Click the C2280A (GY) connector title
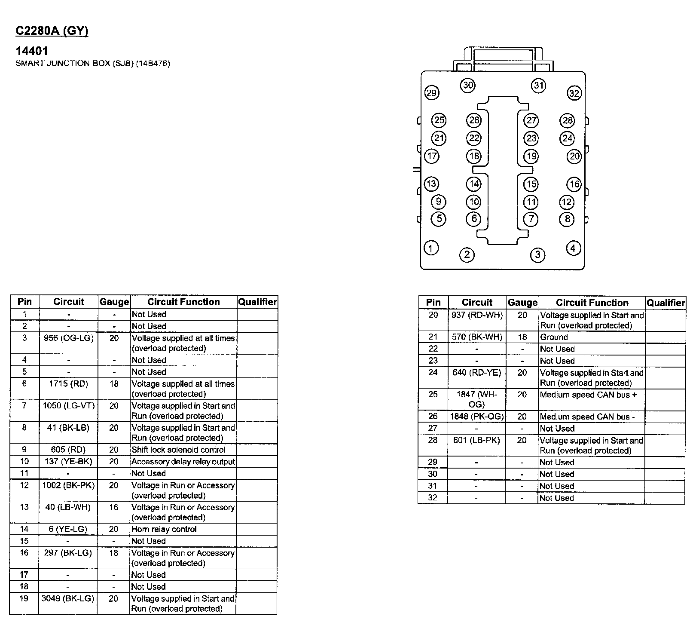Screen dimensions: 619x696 [x=52, y=31]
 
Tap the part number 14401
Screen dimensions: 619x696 [x=32, y=51]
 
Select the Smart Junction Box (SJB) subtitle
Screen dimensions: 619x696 [x=93, y=64]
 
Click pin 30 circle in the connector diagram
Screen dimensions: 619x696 [x=468, y=85]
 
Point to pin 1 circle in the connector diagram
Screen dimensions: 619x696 [x=431, y=248]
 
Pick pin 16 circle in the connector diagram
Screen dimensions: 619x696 [x=574, y=184]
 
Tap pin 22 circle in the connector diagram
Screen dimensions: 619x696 [x=474, y=138]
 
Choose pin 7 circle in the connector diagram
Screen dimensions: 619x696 [x=531, y=219]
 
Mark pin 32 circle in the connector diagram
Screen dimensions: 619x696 [x=574, y=93]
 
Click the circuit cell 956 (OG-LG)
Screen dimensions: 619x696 [x=69, y=338]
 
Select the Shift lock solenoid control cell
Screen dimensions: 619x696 [x=178, y=450]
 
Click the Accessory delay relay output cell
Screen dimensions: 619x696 [x=183, y=462]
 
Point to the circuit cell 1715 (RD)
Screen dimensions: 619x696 [x=69, y=384]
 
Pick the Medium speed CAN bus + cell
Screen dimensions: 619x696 [x=588, y=395]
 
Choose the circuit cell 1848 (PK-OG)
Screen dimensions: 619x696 [x=477, y=417]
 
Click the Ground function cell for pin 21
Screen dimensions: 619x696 [x=554, y=337]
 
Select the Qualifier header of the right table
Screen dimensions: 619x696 [x=665, y=303]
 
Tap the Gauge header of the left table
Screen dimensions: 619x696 [x=114, y=302]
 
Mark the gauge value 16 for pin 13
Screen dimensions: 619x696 [x=114, y=507]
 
